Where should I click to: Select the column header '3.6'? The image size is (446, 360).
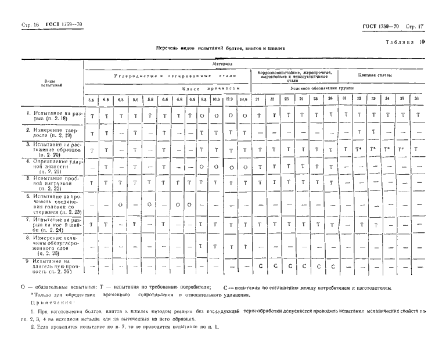91,99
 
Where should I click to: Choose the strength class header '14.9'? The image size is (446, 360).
244,99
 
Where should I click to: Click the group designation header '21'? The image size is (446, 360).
257,99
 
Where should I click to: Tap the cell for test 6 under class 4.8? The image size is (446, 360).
120,204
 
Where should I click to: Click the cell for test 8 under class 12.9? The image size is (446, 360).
229,246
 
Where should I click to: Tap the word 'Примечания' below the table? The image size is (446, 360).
49,303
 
